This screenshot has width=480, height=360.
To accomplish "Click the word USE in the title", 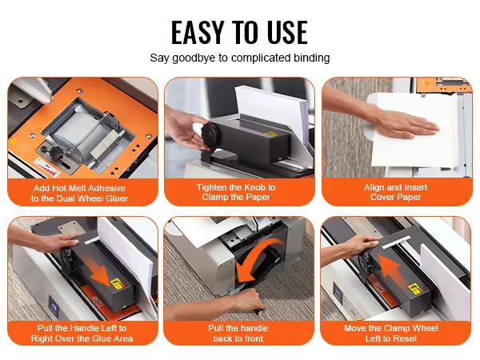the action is [287, 32].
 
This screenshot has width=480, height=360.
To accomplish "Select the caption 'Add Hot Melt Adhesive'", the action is [79, 188].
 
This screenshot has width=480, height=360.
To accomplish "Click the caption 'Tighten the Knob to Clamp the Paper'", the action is [236, 192].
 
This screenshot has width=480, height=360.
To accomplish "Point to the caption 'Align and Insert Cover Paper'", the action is [395, 192].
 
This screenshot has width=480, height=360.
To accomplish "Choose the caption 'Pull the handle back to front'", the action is [238, 333].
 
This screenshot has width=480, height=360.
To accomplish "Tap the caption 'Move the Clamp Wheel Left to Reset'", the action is [391, 333].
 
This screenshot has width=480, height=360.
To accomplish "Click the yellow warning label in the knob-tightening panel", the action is [270, 134].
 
